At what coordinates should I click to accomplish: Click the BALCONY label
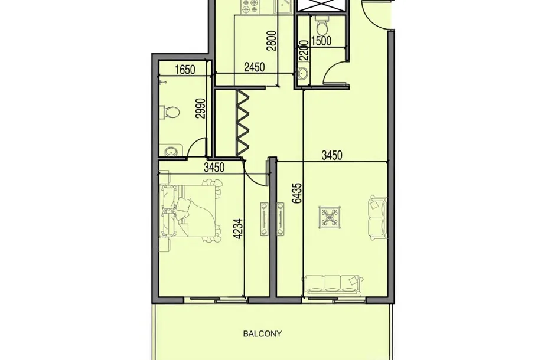coord(262,333)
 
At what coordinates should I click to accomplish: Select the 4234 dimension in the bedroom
coord(239,228)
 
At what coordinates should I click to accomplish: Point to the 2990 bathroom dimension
coord(200,109)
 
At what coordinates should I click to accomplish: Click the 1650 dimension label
coord(185,70)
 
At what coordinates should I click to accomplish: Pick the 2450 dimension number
coord(255,67)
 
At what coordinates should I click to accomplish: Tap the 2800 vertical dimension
coord(272,41)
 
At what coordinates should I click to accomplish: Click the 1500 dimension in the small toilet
coord(321,41)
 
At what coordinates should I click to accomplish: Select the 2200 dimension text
coord(303,50)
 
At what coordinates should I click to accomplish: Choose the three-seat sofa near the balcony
coord(333,286)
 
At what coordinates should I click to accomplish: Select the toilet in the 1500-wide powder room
coord(322,24)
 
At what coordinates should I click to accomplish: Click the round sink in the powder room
coord(303,73)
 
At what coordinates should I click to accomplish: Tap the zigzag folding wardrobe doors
coord(243,122)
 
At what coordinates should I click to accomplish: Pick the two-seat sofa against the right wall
coord(377,218)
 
